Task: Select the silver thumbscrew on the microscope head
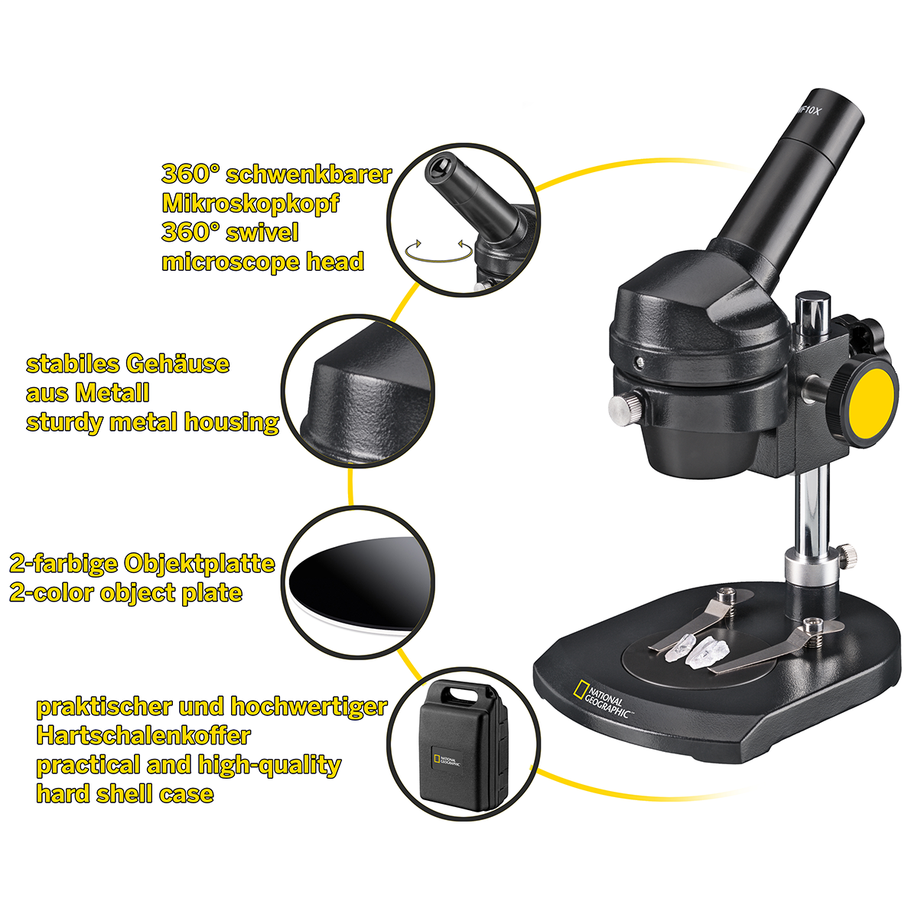(x=624, y=407)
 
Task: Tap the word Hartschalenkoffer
(x=143, y=735)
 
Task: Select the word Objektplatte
(x=199, y=563)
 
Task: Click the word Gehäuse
(x=177, y=363)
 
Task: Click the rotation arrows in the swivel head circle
(x=438, y=251)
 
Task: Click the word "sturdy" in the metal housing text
(x=64, y=423)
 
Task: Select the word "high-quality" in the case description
(x=269, y=766)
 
